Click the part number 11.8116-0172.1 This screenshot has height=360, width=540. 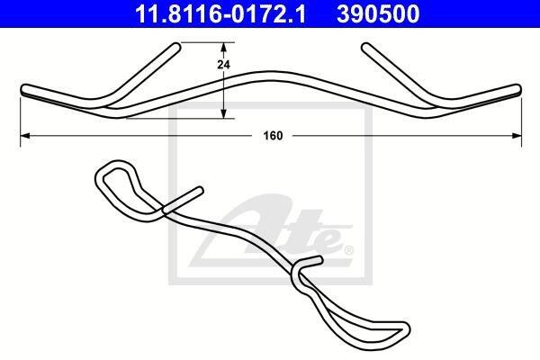[x=220, y=14]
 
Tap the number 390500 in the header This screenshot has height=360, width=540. [x=378, y=14]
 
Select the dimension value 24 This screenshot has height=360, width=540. [x=223, y=65]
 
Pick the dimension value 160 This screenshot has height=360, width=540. [x=273, y=136]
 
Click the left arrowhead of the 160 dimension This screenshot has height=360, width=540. [x=25, y=136]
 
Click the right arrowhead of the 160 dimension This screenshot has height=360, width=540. [x=517, y=136]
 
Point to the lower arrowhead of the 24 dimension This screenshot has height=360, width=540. [x=223, y=113]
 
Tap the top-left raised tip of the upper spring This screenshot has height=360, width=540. [x=176, y=47]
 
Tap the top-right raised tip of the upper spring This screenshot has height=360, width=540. [x=365, y=47]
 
